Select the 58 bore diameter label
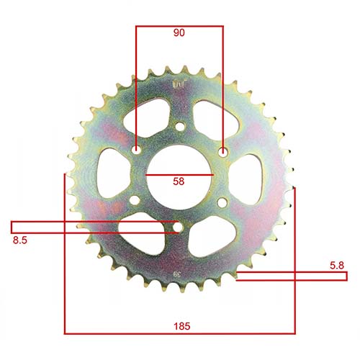(x=179, y=183)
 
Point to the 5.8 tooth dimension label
(x=336, y=266)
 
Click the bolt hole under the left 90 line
(x=137, y=152)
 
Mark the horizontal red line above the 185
(x=179, y=333)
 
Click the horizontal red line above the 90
(x=179, y=27)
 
